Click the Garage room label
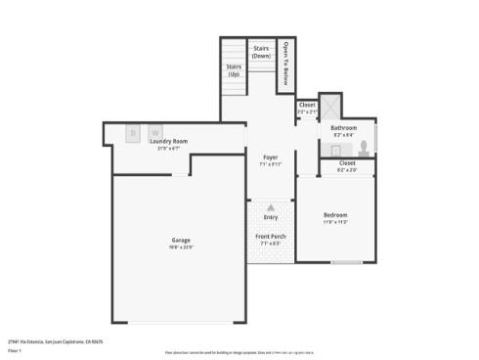181,240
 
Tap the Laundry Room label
168,141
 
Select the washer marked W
154,131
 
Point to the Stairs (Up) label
234,70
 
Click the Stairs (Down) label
261,52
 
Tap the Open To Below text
286,63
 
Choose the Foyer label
271,157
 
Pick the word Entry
271,217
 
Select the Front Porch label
271,237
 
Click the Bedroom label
335,214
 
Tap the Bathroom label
343,128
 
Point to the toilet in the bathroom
365,148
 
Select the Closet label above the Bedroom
347,163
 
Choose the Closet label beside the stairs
307,105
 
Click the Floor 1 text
15,348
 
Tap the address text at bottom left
55,341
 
